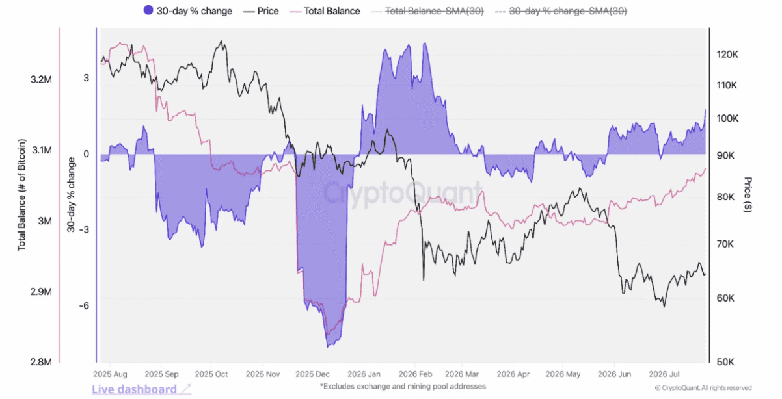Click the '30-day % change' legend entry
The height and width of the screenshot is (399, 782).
click(x=188, y=11)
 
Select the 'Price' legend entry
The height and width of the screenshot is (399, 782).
click(x=261, y=11)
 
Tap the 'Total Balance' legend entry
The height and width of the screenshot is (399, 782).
click(x=325, y=11)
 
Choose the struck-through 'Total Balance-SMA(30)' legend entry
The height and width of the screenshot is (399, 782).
click(x=427, y=11)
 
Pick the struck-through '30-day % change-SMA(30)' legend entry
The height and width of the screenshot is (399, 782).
click(x=561, y=11)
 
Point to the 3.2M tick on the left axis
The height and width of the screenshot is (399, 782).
click(x=41, y=79)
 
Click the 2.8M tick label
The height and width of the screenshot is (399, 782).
click(x=41, y=362)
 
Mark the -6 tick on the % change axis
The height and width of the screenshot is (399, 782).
click(x=84, y=306)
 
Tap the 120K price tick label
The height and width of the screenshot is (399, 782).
click(x=727, y=55)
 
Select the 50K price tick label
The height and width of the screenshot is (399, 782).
click(x=725, y=362)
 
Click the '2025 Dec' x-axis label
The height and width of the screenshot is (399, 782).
click(x=312, y=374)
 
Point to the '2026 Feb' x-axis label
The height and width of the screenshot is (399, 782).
click(x=416, y=374)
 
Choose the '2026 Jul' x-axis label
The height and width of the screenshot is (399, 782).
click(x=664, y=374)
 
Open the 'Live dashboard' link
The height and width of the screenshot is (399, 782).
click(x=141, y=389)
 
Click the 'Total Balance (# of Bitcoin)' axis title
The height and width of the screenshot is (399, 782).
click(x=21, y=194)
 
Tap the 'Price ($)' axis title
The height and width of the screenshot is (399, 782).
click(x=748, y=194)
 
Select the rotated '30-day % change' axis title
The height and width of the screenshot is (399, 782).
click(x=71, y=194)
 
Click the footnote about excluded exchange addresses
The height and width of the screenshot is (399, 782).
click(x=403, y=386)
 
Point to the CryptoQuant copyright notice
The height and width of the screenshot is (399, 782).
click(x=703, y=388)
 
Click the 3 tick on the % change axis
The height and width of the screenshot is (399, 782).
click(x=87, y=78)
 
